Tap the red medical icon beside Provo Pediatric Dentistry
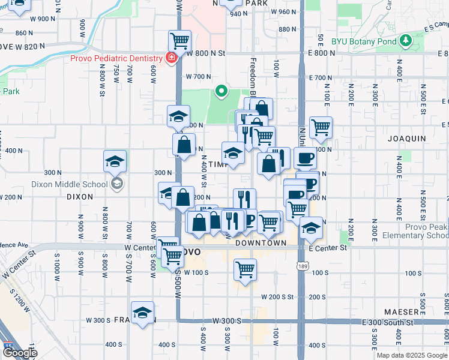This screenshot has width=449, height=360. click(171, 58)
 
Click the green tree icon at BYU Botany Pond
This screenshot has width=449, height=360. click(406, 40)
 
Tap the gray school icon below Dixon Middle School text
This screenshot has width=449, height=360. click(118, 183)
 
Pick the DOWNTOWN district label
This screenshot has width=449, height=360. click(261, 243)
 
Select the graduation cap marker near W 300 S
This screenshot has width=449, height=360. click(142, 313)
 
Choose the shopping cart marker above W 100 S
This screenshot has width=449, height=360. click(245, 270)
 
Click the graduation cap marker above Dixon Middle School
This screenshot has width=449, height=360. click(115, 161)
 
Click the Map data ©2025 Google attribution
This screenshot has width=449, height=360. click(412, 355)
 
